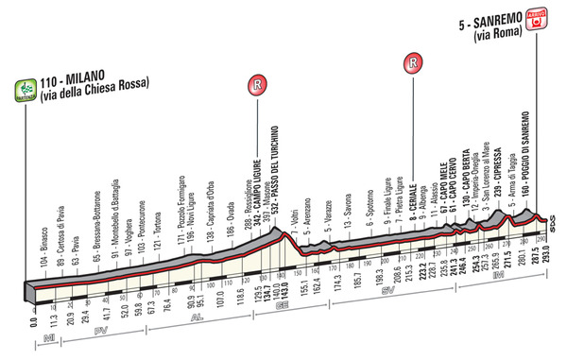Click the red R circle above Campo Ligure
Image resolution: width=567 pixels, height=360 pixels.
[x=255, y=84]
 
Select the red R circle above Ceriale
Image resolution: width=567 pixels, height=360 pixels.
[x=411, y=65]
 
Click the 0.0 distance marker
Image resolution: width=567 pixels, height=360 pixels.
[x=33, y=323]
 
